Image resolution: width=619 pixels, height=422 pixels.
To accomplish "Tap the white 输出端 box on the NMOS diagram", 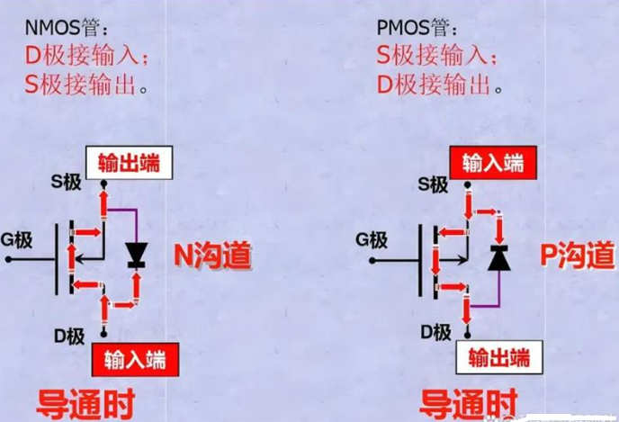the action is [129, 163].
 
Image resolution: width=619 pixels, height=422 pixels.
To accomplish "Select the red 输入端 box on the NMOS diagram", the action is [135, 360].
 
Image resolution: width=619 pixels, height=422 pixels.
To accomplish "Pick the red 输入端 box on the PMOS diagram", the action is [493, 163].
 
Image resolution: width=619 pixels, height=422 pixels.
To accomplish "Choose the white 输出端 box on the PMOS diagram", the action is [499, 357].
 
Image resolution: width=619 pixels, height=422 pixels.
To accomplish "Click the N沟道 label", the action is [212, 255].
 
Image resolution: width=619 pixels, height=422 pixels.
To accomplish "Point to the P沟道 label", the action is [578, 255].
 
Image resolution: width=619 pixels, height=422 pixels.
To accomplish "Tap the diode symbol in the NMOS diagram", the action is [136, 256].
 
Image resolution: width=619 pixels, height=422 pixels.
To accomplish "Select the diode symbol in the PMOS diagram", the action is [499, 257].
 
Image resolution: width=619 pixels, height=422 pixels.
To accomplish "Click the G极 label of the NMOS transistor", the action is [16, 239].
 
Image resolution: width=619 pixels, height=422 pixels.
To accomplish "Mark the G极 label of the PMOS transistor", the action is [372, 239].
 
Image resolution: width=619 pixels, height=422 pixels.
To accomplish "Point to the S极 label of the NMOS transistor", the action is [66, 182].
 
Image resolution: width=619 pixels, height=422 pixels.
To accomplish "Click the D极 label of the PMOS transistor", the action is [435, 332].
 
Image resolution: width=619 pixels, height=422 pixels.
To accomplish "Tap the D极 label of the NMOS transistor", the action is [69, 337].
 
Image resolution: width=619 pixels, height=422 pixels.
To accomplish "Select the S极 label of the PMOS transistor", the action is [433, 184].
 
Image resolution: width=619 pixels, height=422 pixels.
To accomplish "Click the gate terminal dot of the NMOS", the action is [8, 259].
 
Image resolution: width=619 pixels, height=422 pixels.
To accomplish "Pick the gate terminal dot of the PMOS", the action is [372, 261].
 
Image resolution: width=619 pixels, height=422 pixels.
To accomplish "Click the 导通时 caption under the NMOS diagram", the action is [85, 404].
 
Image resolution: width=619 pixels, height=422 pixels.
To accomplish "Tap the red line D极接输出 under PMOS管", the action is [439, 85].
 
